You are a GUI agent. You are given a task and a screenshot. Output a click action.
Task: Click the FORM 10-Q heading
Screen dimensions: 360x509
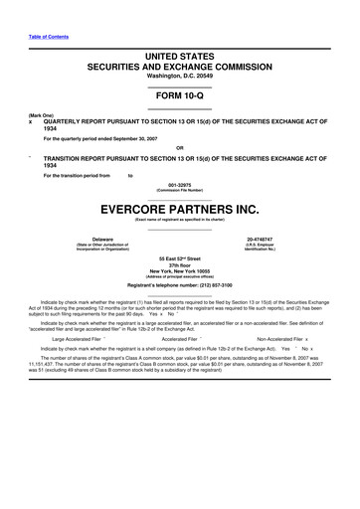pyautogui.click(x=180, y=96)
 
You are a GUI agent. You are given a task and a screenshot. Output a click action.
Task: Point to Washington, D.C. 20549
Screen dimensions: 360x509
pyautogui.click(x=180, y=77)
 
